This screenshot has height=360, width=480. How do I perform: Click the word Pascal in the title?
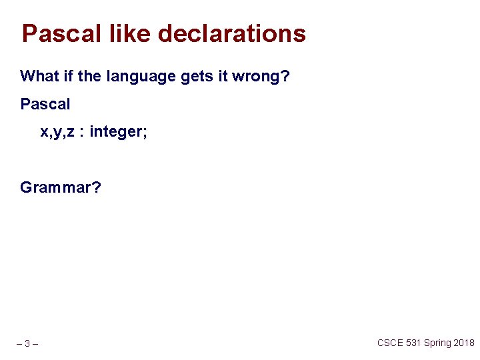click(x=61, y=33)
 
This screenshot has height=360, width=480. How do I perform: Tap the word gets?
click(x=197, y=77)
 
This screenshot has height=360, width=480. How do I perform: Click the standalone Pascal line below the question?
click(x=45, y=104)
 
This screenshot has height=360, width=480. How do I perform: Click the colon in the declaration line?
click(x=83, y=133)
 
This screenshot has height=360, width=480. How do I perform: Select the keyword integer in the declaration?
click(x=118, y=133)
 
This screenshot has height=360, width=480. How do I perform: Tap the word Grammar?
click(x=61, y=188)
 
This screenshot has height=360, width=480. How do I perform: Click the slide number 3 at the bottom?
click(x=27, y=344)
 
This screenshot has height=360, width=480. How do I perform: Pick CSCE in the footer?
click(x=391, y=343)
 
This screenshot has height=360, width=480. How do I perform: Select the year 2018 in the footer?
click(x=464, y=343)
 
